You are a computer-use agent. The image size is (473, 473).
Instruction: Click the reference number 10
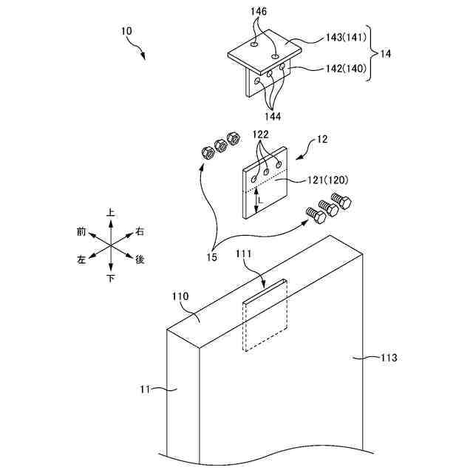(126, 32)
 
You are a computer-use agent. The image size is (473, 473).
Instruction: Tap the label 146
(259, 12)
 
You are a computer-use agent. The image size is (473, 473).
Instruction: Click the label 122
(260, 134)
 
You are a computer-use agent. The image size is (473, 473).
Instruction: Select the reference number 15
(212, 256)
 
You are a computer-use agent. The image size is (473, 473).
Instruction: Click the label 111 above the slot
(244, 253)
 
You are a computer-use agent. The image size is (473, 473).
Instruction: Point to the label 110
(180, 296)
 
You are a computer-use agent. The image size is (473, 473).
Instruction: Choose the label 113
(389, 358)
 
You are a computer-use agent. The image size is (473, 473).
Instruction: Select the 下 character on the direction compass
(111, 279)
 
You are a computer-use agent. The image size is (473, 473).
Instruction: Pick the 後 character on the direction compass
(140, 259)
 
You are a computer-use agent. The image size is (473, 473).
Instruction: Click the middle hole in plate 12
(267, 172)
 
